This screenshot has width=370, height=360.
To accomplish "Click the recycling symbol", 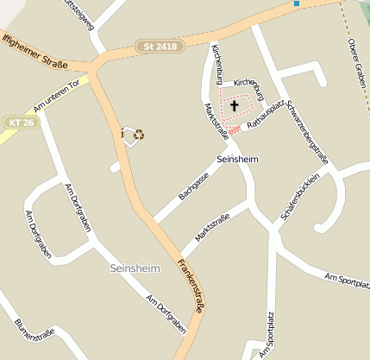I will pyautogui.click(x=139, y=134).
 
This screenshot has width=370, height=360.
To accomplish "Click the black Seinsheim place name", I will pyautogui.click(x=237, y=160).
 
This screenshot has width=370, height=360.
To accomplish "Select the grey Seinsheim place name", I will pyautogui.click(x=135, y=269).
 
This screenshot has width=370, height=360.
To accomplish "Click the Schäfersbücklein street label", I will pyautogui.click(x=299, y=199).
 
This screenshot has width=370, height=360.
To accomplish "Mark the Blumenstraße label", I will pyautogui.click(x=34, y=332).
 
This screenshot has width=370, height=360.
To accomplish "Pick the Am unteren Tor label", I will pyautogui.click(x=56, y=96).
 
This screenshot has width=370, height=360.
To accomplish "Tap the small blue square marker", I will pyautogui.click(x=297, y=3).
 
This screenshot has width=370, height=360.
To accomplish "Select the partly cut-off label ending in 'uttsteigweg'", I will pyautogui.click(x=77, y=15).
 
